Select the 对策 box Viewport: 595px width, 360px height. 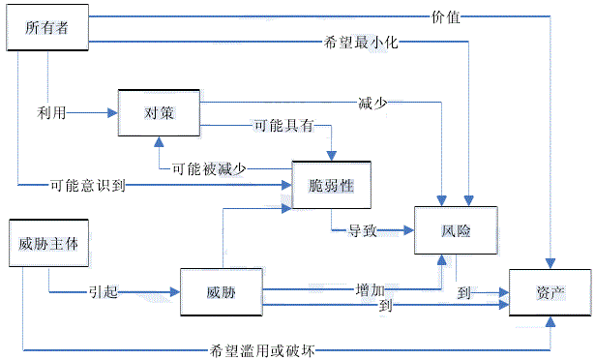(x=158, y=113)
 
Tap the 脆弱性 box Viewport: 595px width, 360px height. (x=333, y=184)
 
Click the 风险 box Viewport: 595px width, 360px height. (x=457, y=230)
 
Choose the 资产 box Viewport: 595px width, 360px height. (x=550, y=291)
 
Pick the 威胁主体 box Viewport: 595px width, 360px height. (x=48, y=244)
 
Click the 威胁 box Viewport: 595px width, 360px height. (x=221, y=291)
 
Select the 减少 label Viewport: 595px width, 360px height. (x=372, y=102)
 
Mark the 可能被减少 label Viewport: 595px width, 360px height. (x=209, y=168)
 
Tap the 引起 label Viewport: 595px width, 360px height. (x=103, y=291)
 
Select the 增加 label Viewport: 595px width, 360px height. (x=368, y=288)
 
